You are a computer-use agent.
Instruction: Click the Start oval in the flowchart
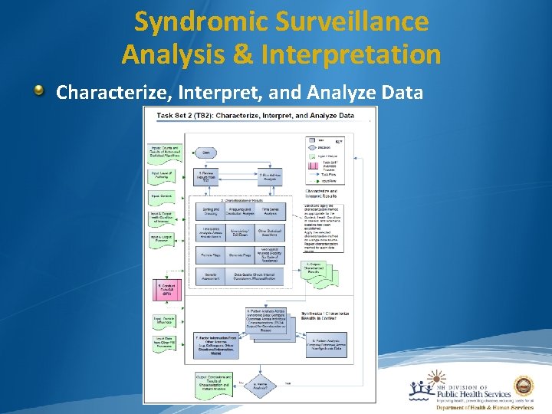coord(205,153)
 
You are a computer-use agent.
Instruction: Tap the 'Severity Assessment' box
coord(211,276)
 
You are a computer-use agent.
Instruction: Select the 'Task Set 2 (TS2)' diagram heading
coord(256,116)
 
